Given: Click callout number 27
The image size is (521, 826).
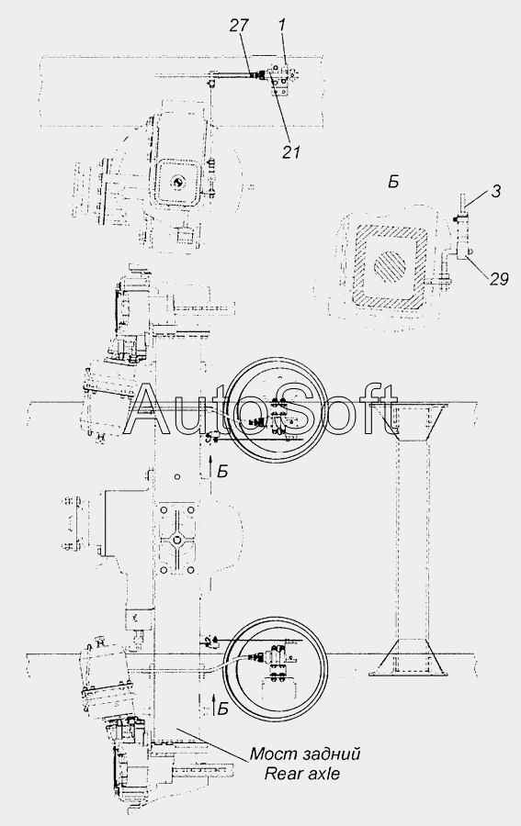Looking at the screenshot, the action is [238, 26].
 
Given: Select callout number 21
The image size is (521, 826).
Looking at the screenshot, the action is [291, 151].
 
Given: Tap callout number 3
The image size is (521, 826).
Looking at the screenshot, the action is [495, 192].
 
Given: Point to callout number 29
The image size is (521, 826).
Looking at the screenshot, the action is [499, 279].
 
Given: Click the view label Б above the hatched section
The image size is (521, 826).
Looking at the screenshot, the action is [393, 183].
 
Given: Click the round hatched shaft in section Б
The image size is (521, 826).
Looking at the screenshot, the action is [391, 262].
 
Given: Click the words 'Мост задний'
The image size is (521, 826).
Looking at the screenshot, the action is [305, 754].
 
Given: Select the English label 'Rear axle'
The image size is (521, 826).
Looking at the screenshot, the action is [302, 774].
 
